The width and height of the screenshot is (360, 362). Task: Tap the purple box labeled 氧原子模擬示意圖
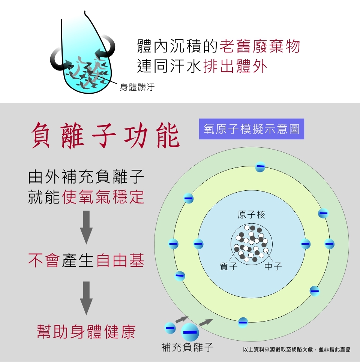(x=251, y=129)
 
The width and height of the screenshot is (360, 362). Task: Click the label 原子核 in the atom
(x=251, y=215)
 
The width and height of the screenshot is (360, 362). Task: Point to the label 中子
(x=273, y=266)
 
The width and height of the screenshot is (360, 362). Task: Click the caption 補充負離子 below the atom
(x=187, y=347)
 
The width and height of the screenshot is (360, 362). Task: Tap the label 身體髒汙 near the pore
(x=137, y=88)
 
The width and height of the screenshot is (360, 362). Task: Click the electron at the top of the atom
(x=260, y=167)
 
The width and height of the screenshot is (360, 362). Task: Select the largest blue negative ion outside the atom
(x=190, y=332)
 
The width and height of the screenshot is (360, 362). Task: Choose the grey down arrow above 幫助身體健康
(x=87, y=298)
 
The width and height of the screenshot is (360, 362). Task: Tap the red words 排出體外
(x=235, y=66)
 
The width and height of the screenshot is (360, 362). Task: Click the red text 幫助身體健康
(x=86, y=332)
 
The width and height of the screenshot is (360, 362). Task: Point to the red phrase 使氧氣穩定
(x=103, y=197)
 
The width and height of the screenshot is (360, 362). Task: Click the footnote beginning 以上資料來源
(x=297, y=349)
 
